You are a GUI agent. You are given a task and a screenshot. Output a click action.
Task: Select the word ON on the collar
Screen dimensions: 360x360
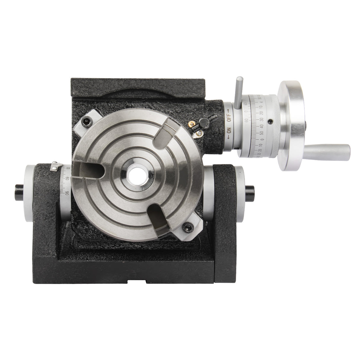(229, 130)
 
